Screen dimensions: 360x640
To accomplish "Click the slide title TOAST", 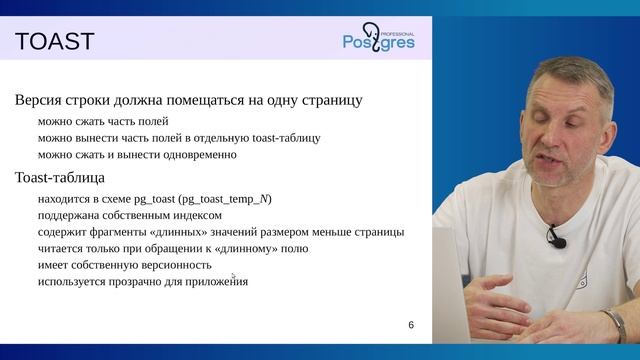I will [54, 42].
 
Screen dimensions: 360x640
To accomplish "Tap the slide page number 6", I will [410, 326].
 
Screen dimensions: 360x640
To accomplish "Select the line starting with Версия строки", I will [189, 100].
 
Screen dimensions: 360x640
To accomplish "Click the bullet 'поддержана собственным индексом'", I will [129, 215].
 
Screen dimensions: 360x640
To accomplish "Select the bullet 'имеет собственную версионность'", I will [124, 265].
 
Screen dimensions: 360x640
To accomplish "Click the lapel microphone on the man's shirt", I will [555, 239].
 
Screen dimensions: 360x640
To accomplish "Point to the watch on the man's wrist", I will [612, 323].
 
